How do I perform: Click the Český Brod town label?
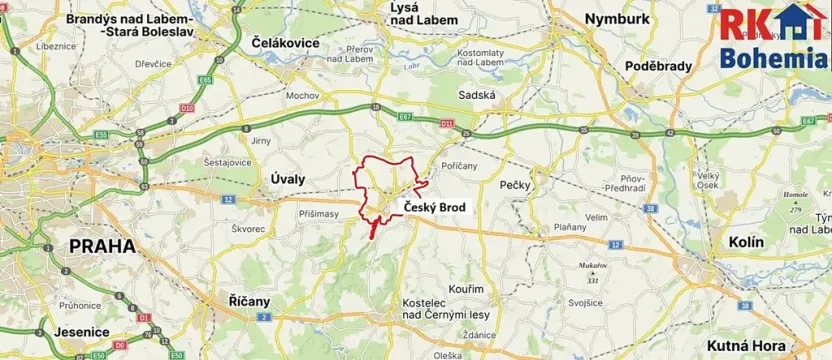[x=434, y=207]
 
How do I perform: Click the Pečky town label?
[x=515, y=186]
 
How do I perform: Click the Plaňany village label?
[x=571, y=227]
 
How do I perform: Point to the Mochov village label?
[x=301, y=97]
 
